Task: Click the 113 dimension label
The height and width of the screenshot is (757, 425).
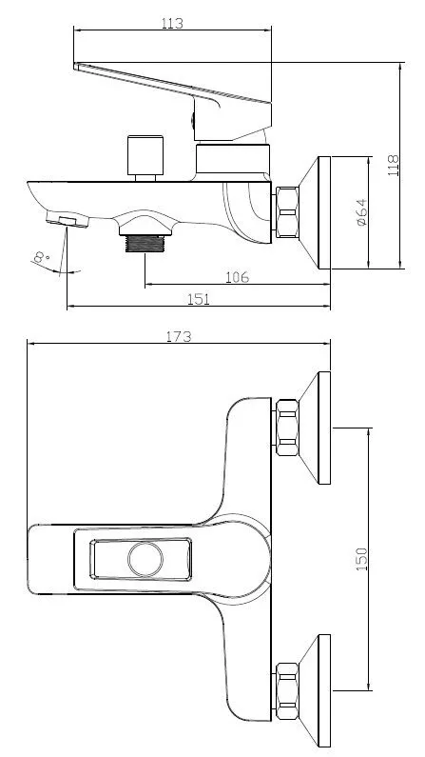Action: (172, 23)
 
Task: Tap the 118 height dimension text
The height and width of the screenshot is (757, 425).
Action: (394, 165)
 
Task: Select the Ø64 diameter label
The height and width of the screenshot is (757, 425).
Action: (361, 212)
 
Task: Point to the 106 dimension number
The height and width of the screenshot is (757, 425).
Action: (237, 277)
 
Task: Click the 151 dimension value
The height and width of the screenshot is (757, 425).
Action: (199, 299)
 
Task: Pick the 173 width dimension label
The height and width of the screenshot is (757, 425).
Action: (179, 336)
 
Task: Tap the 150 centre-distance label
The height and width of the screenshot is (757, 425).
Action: (361, 559)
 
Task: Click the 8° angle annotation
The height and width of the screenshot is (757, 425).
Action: (43, 257)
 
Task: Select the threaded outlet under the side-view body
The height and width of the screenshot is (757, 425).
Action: (145, 244)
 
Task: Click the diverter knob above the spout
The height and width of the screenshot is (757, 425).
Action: (145, 155)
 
